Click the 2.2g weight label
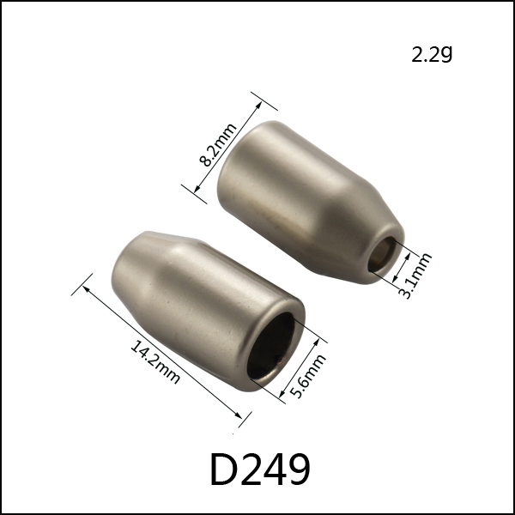click(x=432, y=54)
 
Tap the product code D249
click(x=260, y=469)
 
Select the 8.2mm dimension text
click(x=218, y=145)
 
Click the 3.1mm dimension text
click(x=415, y=276)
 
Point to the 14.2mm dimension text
click(x=155, y=362)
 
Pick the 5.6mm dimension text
click(x=308, y=376)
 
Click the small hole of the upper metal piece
click(x=382, y=254)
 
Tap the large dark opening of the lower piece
click(x=271, y=345)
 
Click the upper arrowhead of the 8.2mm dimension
click(x=259, y=105)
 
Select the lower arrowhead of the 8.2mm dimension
click(x=197, y=189)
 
